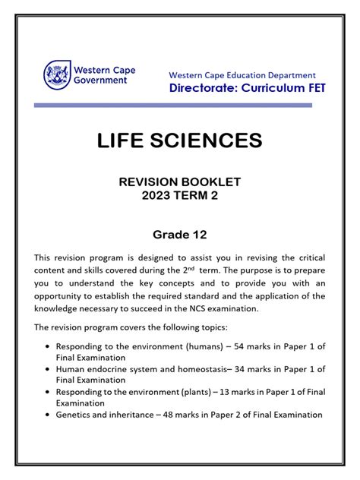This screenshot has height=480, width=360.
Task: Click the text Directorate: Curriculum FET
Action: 246,88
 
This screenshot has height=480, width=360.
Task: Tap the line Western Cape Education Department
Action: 242,75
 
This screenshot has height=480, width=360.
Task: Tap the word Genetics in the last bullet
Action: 78,415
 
